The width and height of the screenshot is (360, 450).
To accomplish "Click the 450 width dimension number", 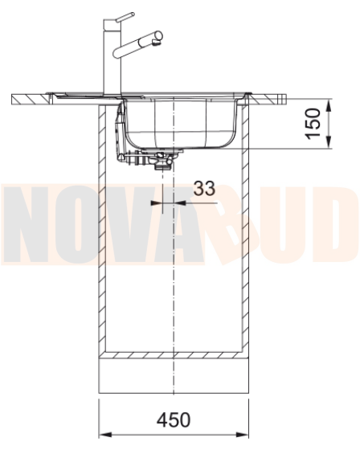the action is [174, 419].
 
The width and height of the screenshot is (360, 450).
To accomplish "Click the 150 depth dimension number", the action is [313, 124].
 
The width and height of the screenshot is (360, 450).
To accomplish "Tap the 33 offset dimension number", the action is [204, 188].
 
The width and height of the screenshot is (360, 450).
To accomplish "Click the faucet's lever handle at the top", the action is [125, 17].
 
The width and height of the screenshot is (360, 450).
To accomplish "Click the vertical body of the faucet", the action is [112, 57].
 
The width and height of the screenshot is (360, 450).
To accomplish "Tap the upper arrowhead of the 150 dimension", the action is [329, 105].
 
